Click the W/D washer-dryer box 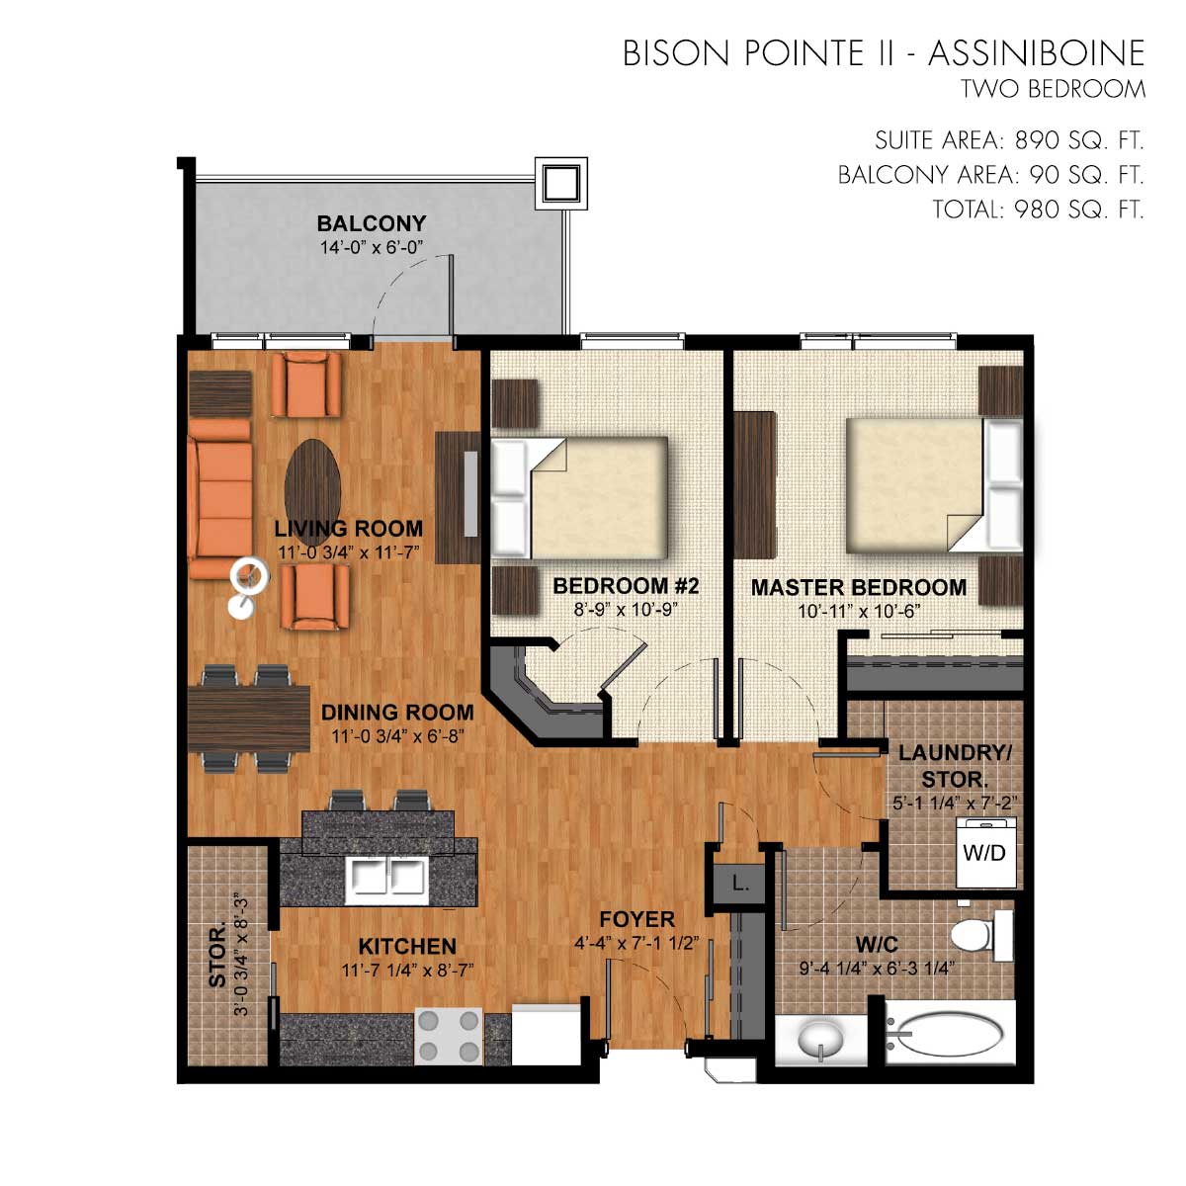click(985, 852)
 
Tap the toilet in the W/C click(981, 936)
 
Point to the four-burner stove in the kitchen click(448, 1036)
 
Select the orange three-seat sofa click(220, 499)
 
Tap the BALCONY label click(372, 223)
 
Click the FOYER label click(637, 919)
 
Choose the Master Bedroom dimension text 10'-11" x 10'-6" click(859, 612)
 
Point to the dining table click(249, 719)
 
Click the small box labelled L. click(739, 885)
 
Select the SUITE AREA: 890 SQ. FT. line click(1009, 141)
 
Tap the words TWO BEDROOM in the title click(1053, 90)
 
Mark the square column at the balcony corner click(560, 184)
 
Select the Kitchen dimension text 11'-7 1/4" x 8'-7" click(407, 971)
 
